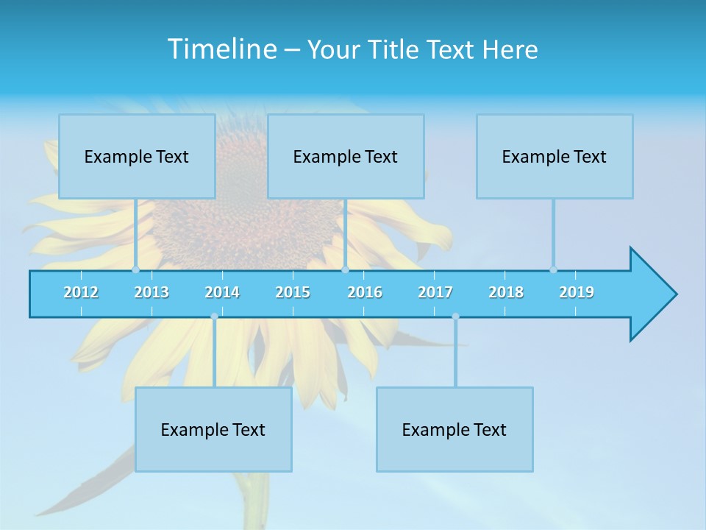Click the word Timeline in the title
click(x=222, y=49)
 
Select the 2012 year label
click(x=81, y=292)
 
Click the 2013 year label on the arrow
click(x=151, y=292)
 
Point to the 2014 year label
click(x=222, y=292)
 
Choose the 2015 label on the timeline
click(x=293, y=292)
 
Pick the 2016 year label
click(x=365, y=292)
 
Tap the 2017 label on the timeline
click(x=435, y=292)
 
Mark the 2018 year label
click(x=506, y=292)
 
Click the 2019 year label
click(x=577, y=292)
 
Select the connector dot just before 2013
click(x=135, y=269)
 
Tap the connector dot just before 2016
click(x=345, y=269)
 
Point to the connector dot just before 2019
click(x=553, y=269)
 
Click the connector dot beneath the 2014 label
click(x=214, y=317)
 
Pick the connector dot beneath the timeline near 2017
click(x=455, y=317)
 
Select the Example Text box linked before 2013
click(x=137, y=156)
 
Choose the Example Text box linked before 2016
click(x=346, y=156)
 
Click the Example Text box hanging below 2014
click(x=213, y=429)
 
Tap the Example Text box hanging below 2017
click(x=454, y=429)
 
